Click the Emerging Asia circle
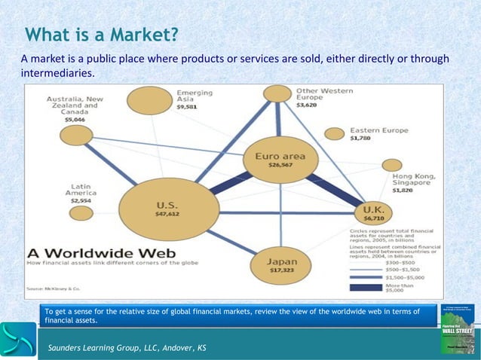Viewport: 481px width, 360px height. [149, 103]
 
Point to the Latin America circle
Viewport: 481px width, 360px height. [81, 213]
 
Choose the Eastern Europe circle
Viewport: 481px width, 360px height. [334, 133]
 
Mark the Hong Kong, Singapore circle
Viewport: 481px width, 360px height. [391, 165]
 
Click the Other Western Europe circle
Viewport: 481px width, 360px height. [277, 93]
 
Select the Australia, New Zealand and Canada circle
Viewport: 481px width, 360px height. [75, 135]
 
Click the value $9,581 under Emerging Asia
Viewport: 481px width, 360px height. [186, 108]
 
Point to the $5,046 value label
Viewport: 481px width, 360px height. [75, 119]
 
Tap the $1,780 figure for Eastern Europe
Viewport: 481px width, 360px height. [361, 138]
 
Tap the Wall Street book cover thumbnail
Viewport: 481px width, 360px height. [456, 328]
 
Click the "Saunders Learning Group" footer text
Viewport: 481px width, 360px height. [126, 347]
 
